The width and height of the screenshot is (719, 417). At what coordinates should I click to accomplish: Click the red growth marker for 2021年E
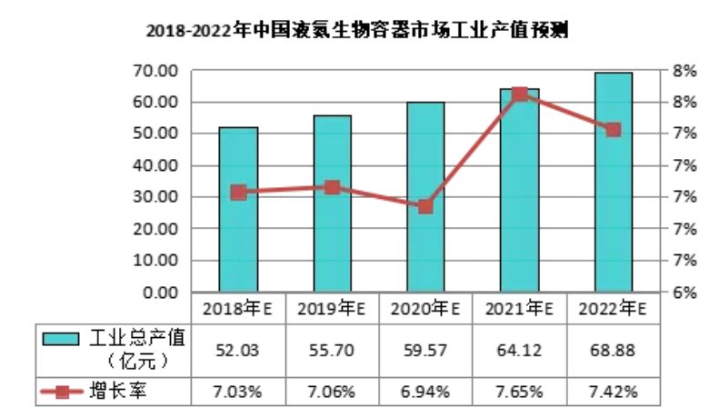(520, 94)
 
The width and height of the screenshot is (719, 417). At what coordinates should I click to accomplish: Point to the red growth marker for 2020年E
(425, 206)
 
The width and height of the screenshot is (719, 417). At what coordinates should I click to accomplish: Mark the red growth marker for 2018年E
(238, 192)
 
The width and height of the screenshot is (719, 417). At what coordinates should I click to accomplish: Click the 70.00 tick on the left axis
(155, 71)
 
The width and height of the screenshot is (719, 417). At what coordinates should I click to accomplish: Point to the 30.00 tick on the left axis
(155, 197)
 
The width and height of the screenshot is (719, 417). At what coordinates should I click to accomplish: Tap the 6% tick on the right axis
(684, 293)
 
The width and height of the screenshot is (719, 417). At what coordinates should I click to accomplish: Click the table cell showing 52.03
(238, 350)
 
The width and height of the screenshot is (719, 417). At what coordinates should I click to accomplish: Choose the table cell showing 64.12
(520, 350)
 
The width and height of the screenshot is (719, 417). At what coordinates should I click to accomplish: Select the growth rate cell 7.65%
(520, 392)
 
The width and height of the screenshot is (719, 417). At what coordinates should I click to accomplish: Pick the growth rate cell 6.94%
(425, 392)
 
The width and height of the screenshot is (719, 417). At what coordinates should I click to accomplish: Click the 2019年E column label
(332, 309)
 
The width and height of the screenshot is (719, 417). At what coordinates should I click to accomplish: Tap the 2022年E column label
(613, 309)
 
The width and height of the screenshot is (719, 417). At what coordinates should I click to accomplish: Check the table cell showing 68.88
(613, 350)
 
